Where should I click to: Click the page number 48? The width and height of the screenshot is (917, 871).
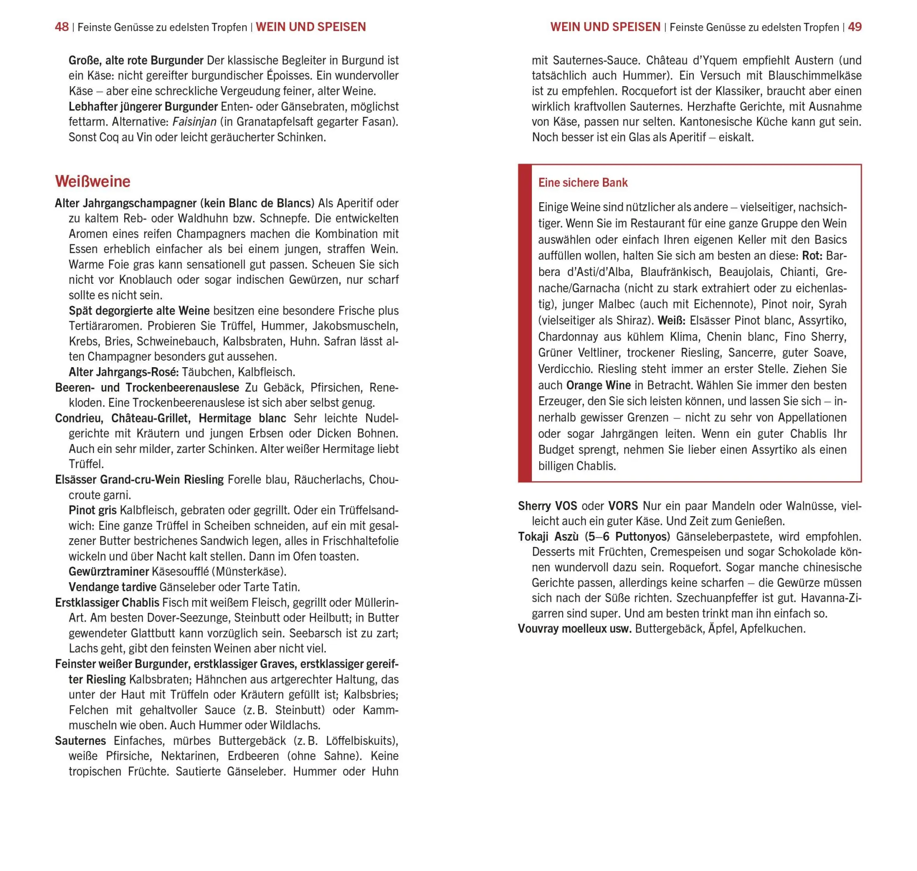(61, 27)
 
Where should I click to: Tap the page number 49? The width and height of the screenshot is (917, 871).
(854, 27)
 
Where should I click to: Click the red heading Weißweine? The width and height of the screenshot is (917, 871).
(93, 181)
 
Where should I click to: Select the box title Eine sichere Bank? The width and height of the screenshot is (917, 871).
(583, 182)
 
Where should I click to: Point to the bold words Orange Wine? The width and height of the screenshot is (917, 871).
(598, 385)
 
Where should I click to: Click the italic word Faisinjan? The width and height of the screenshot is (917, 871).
(194, 121)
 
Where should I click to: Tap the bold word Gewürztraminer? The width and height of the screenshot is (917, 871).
(109, 571)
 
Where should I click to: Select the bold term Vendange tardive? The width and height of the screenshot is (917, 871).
(112, 587)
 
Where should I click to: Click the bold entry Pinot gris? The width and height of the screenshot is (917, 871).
(93, 510)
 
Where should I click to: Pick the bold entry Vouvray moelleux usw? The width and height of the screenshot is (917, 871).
(575, 628)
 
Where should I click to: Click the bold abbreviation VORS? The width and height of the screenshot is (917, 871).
(623, 506)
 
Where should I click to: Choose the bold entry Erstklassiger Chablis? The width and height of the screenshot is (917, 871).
(107, 602)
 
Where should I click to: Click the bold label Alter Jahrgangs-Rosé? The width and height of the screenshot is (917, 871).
(123, 372)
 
